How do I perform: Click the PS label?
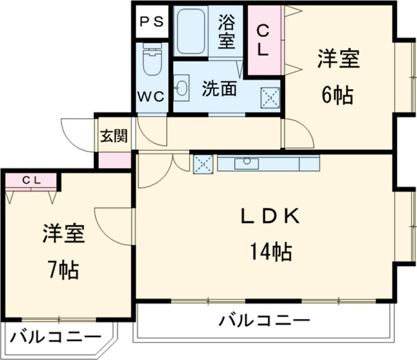pyautogui.click(x=152, y=21)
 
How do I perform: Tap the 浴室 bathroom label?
pyautogui.click(x=227, y=31)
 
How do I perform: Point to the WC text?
pyautogui.click(x=152, y=97)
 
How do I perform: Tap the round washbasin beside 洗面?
pyautogui.click(x=182, y=88)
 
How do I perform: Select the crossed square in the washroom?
pyautogui.click(x=270, y=97)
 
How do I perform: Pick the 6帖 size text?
pyautogui.click(x=338, y=96)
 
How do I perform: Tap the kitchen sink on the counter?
pyautogui.click(x=245, y=163)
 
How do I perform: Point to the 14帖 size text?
pyautogui.click(x=270, y=251)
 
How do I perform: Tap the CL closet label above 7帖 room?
pyautogui.click(x=32, y=181)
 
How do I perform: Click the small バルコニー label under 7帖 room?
pyautogui.click(x=55, y=339)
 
